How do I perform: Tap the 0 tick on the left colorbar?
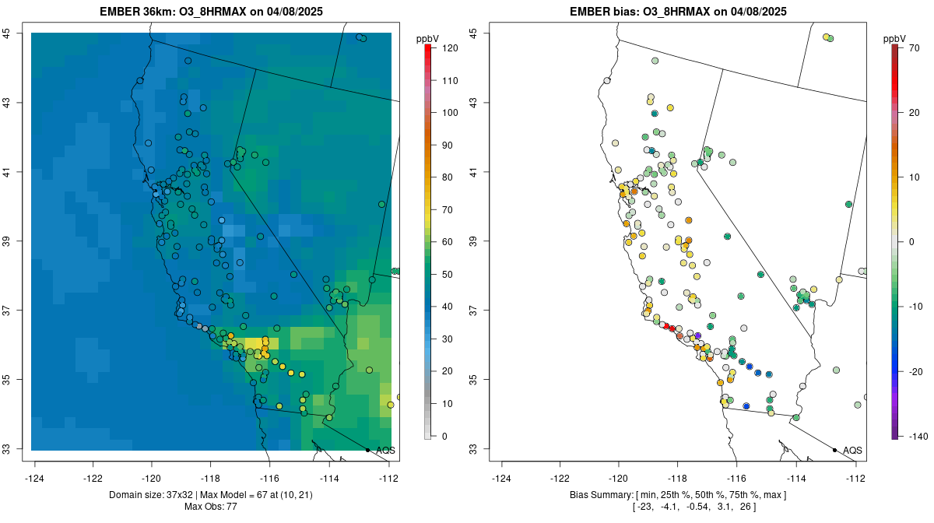(444, 436)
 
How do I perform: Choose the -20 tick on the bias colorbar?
(914, 371)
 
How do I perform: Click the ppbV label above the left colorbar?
(428, 38)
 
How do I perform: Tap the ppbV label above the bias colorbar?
(895, 38)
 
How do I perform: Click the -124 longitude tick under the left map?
(35, 478)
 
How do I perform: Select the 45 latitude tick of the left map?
(6, 33)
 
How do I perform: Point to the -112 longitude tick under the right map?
(855, 478)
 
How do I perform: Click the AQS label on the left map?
(385, 450)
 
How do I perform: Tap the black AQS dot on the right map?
(834, 450)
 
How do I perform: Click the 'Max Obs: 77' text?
(211, 507)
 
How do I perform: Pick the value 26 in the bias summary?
(748, 507)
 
